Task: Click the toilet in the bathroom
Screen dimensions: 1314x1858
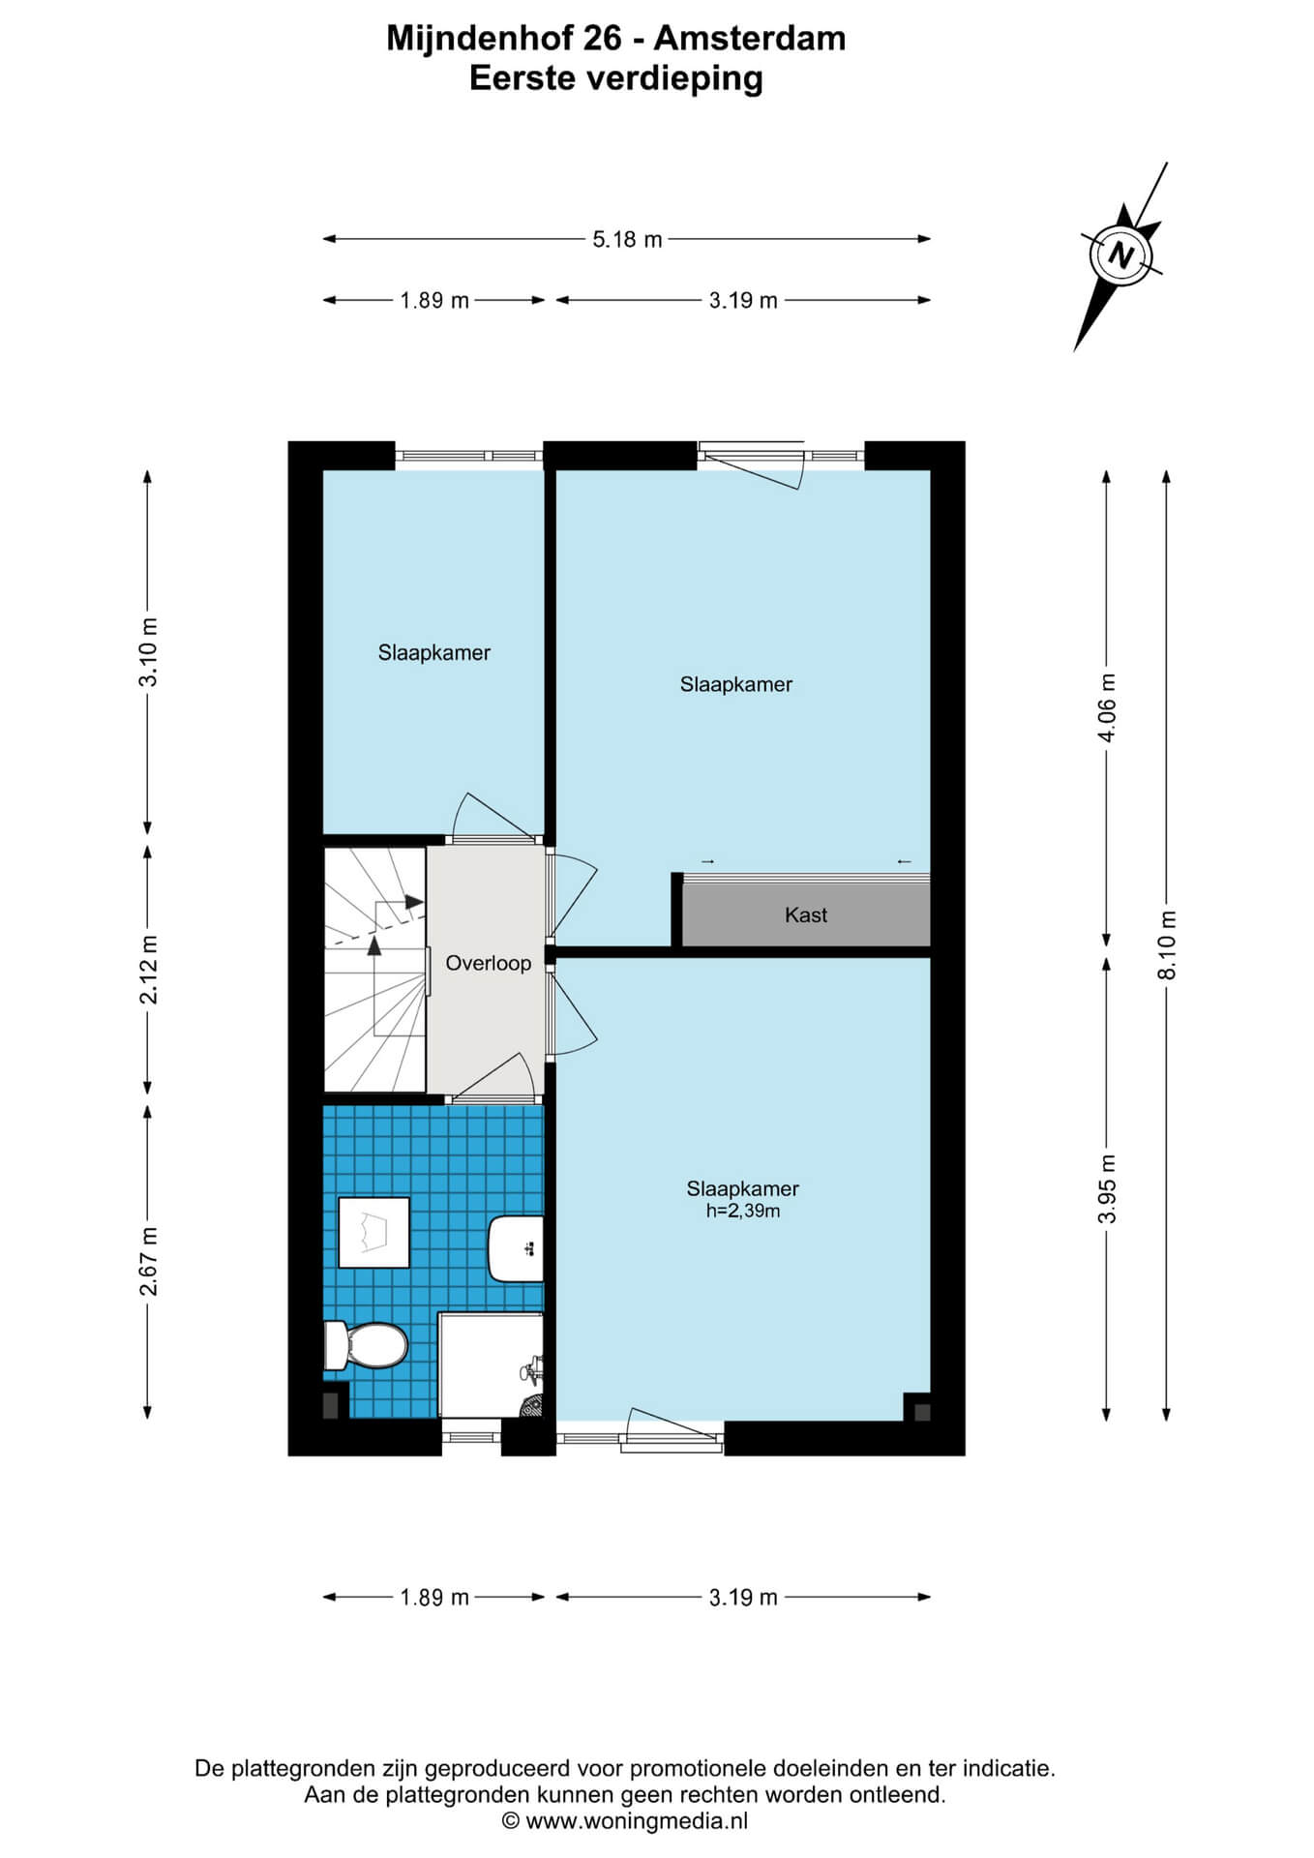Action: coord(365,1345)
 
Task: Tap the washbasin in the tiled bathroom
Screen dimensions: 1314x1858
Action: coord(516,1248)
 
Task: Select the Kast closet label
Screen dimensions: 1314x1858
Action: coord(806,914)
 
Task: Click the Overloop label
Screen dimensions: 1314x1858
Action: coord(488,963)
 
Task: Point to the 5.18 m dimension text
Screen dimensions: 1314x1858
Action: coord(627,239)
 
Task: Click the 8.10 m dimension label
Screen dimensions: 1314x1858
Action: coord(1167,944)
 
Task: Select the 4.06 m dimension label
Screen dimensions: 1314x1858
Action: coord(1107,707)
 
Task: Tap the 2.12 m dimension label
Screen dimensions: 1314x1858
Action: coord(148,969)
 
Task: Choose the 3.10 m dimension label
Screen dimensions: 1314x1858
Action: coord(148,651)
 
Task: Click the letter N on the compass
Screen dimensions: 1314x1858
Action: coord(1121,255)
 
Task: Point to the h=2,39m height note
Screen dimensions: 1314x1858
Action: coord(743,1211)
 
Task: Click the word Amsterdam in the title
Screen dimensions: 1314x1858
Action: coord(750,38)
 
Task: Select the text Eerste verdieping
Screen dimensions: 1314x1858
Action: coord(616,77)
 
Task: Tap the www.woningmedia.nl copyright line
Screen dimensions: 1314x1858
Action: coord(625,1821)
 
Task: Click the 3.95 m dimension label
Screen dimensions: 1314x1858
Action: coord(1107,1188)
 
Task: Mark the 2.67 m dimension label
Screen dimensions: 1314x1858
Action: coord(148,1261)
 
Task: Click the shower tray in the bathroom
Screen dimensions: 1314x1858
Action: coord(491,1364)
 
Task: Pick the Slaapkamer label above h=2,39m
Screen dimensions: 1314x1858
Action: coord(743,1188)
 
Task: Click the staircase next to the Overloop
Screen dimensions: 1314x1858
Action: coord(374,970)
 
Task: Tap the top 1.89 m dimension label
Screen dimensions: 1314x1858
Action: coord(434,300)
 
